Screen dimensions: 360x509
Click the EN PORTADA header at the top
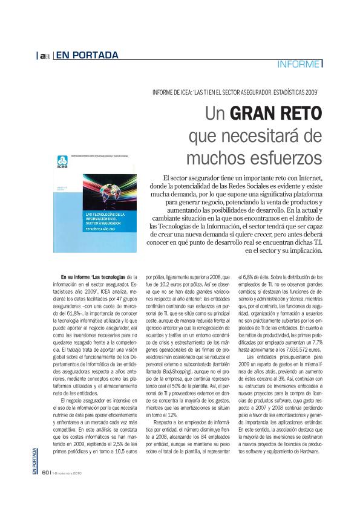click(87, 56)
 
